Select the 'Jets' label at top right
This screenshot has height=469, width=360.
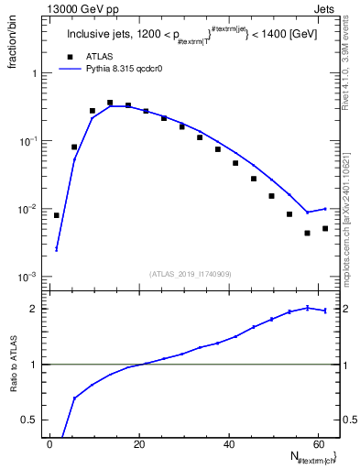click(326, 8)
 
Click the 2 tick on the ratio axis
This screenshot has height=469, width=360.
click(35, 309)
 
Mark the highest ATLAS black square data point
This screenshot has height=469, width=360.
click(110, 103)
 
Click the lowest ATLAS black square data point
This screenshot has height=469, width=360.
click(308, 233)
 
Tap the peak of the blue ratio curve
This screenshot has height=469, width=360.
click(308, 308)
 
